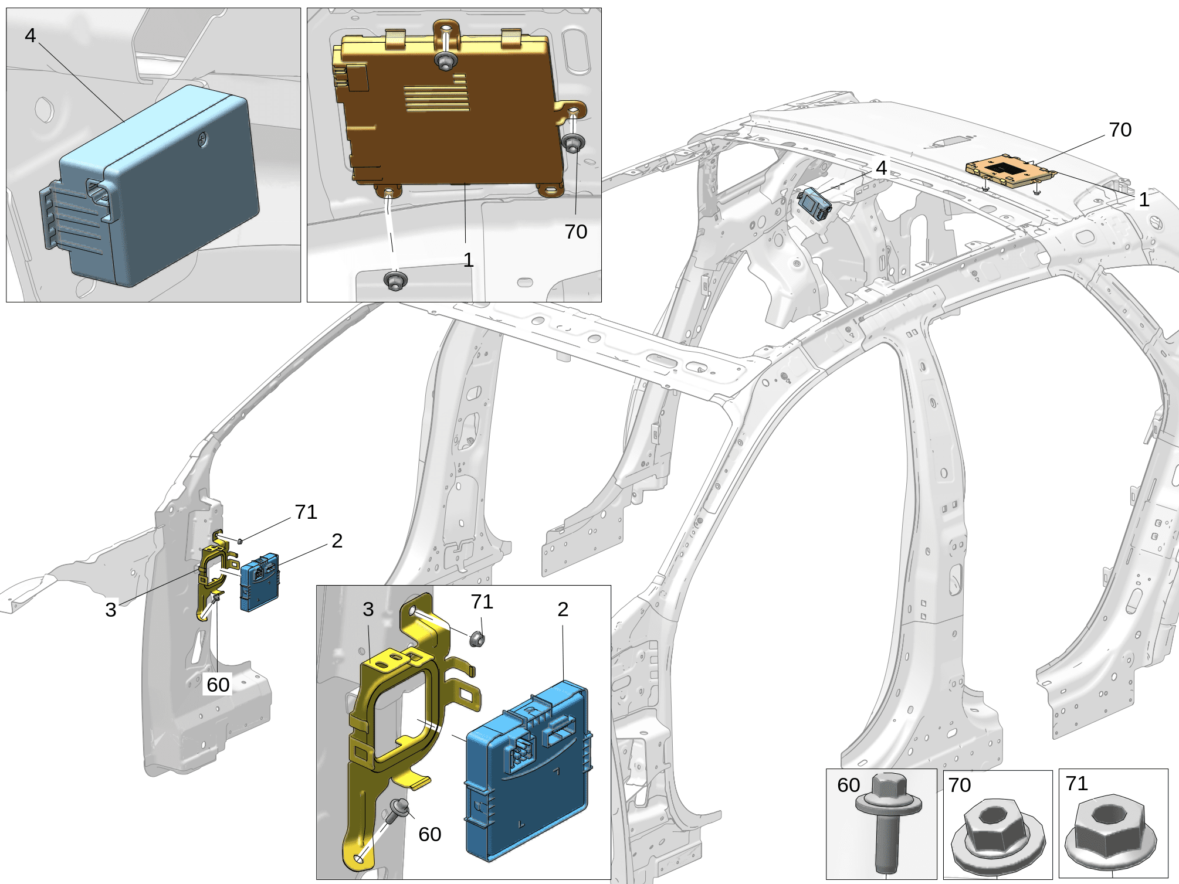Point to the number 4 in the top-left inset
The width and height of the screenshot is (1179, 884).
coord(31,35)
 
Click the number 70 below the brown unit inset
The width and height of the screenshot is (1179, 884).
coord(576,232)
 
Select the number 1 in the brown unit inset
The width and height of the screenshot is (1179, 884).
coord(468,260)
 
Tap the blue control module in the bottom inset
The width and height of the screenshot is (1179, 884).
coord(528,774)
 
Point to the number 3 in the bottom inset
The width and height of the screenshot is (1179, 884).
coord(368,609)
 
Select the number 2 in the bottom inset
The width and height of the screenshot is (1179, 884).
coord(563,609)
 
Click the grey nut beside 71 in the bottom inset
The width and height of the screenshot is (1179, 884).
coord(477,638)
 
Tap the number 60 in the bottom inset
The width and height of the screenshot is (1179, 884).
coord(430,834)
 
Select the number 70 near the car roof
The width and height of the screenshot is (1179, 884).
coord(1120,130)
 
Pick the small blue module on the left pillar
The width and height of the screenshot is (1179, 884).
coord(260,582)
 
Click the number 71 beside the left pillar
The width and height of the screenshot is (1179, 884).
coord(306,512)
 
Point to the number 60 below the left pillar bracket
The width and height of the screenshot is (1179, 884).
coord(218,684)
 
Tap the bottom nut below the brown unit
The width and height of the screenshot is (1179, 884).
coord(396,280)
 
